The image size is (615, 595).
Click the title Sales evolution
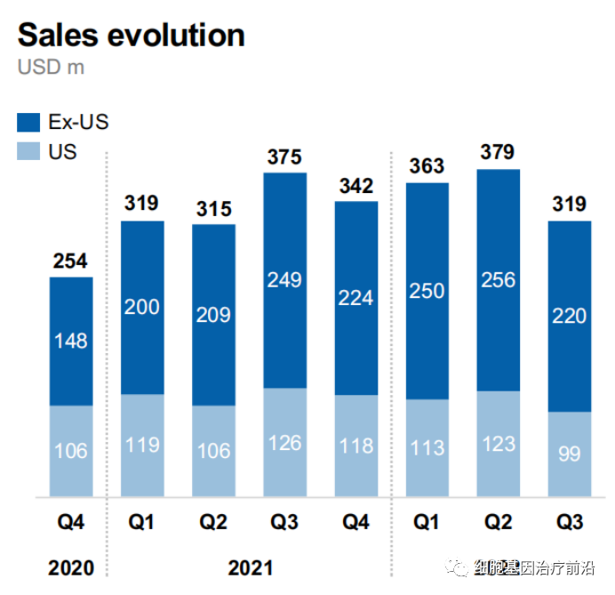(131, 35)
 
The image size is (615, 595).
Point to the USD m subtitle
(51, 68)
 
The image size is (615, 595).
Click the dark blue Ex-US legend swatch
(29, 122)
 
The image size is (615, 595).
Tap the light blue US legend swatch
(29, 151)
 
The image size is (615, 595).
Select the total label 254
(71, 261)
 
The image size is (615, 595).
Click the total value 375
(285, 157)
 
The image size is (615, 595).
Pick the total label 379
(498, 152)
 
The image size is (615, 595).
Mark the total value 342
(356, 186)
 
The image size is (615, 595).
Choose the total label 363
(427, 166)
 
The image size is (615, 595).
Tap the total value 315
(213, 209)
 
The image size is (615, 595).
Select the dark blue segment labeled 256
(499, 279)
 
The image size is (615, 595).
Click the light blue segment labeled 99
(570, 454)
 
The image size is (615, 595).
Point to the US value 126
(285, 442)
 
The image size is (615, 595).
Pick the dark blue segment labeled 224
(356, 298)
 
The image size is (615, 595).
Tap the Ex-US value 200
(142, 308)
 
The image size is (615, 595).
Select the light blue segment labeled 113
(427, 446)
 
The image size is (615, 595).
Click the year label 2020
(71, 566)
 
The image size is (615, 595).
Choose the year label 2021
(250, 566)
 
